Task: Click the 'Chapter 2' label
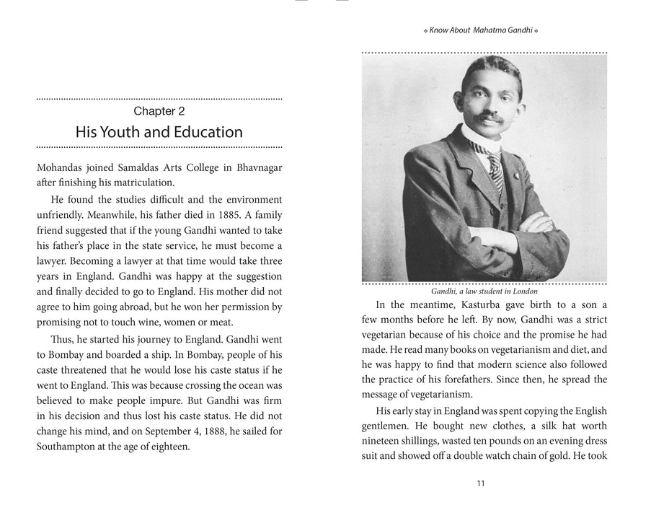tap(159, 112)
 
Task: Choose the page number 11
tap(481, 483)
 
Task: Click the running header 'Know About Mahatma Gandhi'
tap(482, 30)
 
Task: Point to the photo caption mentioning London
tap(484, 291)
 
